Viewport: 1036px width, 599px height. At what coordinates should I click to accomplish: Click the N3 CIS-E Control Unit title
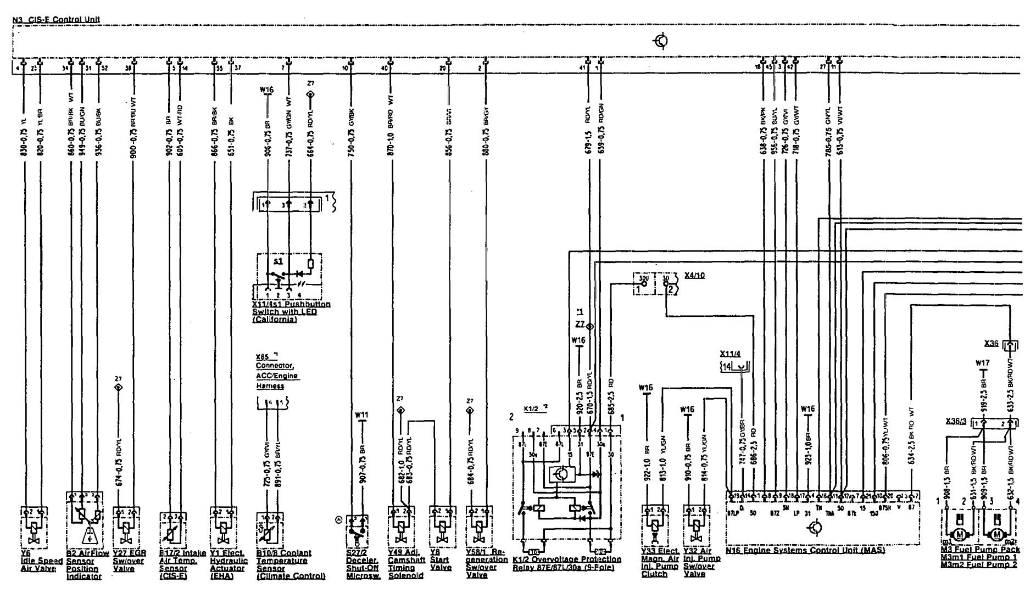pyautogui.click(x=55, y=19)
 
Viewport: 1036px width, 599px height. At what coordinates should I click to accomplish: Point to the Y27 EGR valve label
pyautogui.click(x=127, y=561)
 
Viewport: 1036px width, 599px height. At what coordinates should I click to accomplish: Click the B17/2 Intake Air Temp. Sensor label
pyautogui.click(x=179, y=564)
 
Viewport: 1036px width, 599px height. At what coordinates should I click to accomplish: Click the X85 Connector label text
pyautogui.click(x=277, y=371)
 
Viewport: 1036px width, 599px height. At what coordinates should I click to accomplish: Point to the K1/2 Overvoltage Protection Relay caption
pyautogui.click(x=567, y=563)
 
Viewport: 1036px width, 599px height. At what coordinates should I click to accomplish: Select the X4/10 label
pyautogui.click(x=695, y=275)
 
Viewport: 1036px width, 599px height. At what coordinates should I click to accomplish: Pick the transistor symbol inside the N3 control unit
pyautogui.click(x=662, y=41)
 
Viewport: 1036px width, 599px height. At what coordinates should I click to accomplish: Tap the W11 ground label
pyautogui.click(x=361, y=415)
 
